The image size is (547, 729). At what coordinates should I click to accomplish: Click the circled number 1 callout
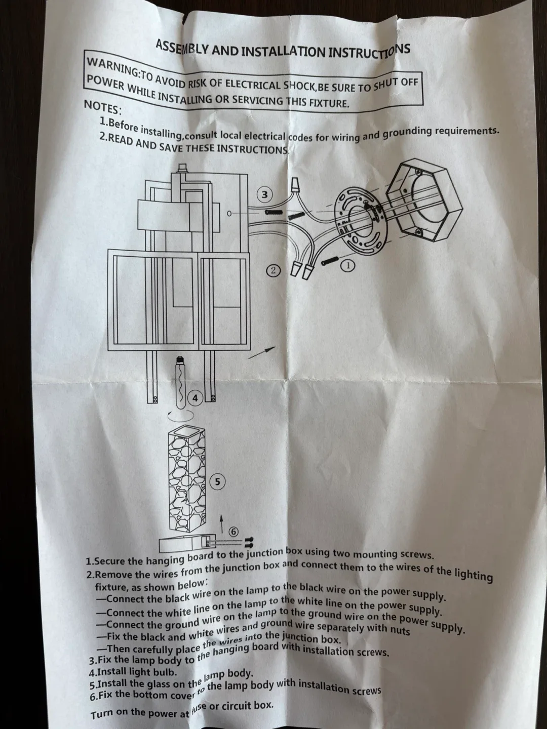[348, 265]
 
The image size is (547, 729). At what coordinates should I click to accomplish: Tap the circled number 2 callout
[273, 270]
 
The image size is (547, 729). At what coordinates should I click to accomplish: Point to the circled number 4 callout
[196, 398]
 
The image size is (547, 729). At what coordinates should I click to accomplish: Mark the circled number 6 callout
[233, 532]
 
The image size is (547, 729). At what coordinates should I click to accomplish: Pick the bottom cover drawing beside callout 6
[185, 545]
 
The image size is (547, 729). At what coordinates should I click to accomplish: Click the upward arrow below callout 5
[221, 523]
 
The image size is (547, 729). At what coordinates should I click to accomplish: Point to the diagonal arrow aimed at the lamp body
[262, 352]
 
